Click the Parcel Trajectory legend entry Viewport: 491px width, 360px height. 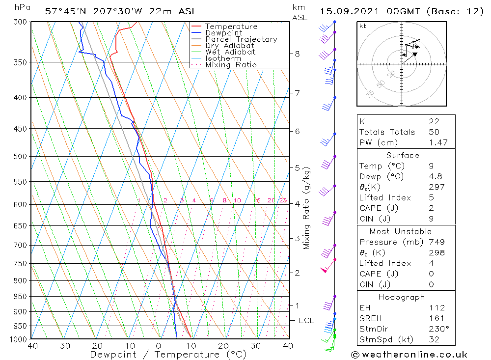(241, 39)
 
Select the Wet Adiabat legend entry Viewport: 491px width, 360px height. (230, 52)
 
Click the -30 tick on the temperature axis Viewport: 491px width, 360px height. (62, 346)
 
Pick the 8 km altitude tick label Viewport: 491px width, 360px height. (298, 54)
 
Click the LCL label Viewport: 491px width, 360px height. (306, 321)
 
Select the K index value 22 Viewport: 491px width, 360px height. (434, 121)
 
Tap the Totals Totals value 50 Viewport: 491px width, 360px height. (434, 132)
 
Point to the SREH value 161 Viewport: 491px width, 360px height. (436, 318)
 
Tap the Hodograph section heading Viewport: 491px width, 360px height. (402, 297)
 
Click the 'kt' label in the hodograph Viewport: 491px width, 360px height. (363, 27)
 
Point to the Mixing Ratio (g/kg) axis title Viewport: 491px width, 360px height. (307, 208)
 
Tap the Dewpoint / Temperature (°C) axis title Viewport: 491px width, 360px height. (168, 355)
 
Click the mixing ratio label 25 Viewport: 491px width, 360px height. (283, 200)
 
